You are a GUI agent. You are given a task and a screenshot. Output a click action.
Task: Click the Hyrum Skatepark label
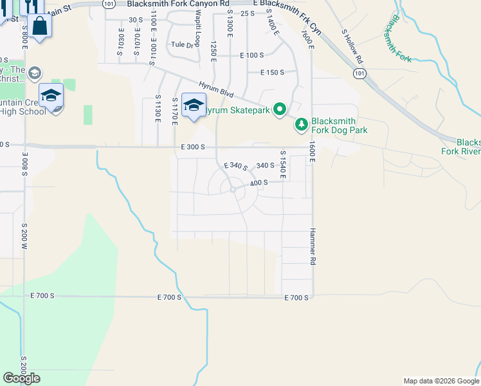236,111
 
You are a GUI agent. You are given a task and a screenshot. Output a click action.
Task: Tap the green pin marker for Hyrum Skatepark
279,110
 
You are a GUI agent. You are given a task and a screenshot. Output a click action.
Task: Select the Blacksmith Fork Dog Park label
340,125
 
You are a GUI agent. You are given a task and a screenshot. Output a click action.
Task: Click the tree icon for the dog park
301,124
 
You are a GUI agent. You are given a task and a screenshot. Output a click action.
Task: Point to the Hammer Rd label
313,247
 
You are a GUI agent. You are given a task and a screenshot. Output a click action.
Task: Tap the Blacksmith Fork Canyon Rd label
178,4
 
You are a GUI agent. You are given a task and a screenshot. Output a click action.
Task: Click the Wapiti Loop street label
197,36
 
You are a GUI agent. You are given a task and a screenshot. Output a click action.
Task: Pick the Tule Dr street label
182,45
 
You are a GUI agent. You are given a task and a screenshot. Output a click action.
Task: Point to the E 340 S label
235,167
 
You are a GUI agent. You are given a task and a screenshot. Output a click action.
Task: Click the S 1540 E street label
282,165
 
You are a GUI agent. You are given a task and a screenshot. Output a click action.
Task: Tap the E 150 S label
273,72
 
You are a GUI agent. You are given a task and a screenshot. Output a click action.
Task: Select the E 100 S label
252,55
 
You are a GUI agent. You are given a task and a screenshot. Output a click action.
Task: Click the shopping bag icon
39,26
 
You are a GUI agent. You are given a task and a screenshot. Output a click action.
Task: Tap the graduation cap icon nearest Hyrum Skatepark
194,105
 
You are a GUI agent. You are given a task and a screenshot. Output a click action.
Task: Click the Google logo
21,378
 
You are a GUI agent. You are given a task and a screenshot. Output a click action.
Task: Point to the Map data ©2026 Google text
441,381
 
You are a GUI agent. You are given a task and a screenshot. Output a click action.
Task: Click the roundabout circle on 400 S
231,189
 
